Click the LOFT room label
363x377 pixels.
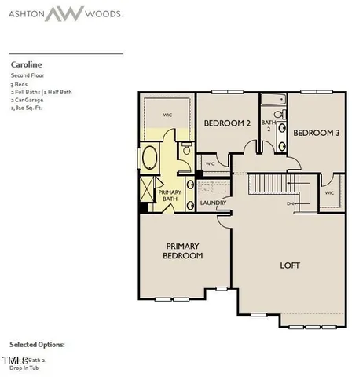coord(291,265)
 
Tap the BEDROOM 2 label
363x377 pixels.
coord(227,123)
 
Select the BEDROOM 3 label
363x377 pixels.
coord(317,134)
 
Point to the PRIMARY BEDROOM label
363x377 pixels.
coord(183,251)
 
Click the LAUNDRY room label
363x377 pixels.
coord(213,204)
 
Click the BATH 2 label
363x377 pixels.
coord(269,126)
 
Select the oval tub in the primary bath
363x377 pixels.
coord(150,160)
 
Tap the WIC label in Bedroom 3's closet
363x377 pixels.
coord(330,192)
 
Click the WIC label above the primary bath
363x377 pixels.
coord(167,115)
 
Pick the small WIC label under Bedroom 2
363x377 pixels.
coord(210,164)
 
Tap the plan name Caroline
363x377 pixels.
coord(26,64)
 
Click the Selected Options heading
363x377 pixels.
coord(38,344)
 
